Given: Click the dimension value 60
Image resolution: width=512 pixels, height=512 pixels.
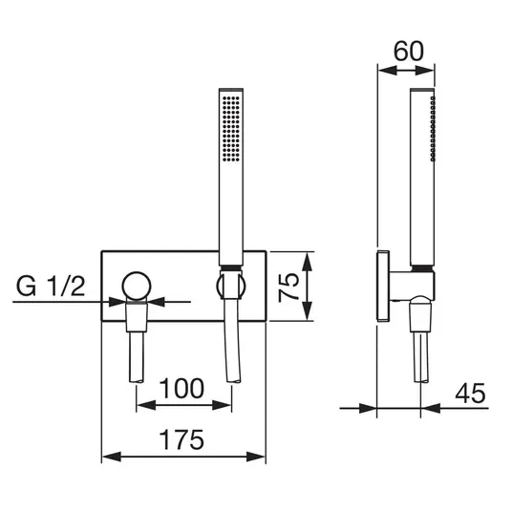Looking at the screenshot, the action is [409, 52].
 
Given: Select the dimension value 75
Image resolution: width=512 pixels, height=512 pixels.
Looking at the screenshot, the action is [288, 287].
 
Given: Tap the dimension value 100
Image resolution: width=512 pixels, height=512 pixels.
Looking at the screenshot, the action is [181, 388].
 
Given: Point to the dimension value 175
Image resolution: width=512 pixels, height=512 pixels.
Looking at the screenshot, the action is [181, 439].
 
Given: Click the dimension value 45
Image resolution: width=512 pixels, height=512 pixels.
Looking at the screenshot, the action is [471, 393].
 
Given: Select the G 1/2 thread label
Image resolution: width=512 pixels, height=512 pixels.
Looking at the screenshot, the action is [51, 286].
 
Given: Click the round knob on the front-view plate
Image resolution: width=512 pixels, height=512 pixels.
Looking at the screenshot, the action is [137, 286].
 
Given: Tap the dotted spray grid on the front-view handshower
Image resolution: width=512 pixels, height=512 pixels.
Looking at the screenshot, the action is [231, 128].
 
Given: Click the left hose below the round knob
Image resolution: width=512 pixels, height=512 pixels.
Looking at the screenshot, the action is [137, 357].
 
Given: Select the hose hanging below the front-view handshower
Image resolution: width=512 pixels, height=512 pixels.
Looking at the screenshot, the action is [233, 340].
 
